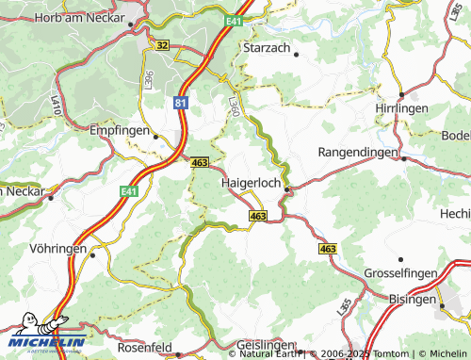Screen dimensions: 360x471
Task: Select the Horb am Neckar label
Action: coord(76,17)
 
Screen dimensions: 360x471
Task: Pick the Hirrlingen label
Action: coord(400,108)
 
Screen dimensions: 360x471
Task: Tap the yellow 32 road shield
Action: coord(162,44)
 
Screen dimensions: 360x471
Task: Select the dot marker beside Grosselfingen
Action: coord(400,259)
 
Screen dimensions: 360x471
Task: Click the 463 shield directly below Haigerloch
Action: coord(258,216)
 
